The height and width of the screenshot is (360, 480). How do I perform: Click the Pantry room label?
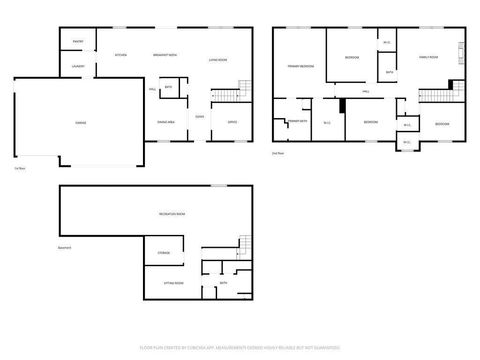pyautogui.click(x=77, y=41)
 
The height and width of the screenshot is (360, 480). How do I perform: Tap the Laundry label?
pyautogui.click(x=77, y=66)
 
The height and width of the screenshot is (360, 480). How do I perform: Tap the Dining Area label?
pyautogui.click(x=166, y=122)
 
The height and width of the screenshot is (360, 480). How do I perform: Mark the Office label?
pyautogui.click(x=231, y=122)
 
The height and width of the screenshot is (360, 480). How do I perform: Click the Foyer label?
pyautogui.click(x=200, y=116)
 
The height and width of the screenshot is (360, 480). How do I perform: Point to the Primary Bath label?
pyautogui.click(x=296, y=121)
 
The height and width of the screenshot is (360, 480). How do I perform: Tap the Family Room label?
pyautogui.click(x=430, y=58)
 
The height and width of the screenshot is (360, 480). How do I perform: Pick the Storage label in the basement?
pyautogui.click(x=163, y=253)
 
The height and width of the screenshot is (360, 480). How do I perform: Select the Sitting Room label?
pyautogui.click(x=173, y=283)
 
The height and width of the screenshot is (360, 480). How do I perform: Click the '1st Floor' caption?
pyautogui.click(x=19, y=168)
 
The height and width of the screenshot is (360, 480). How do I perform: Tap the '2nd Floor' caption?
pyautogui.click(x=278, y=153)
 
